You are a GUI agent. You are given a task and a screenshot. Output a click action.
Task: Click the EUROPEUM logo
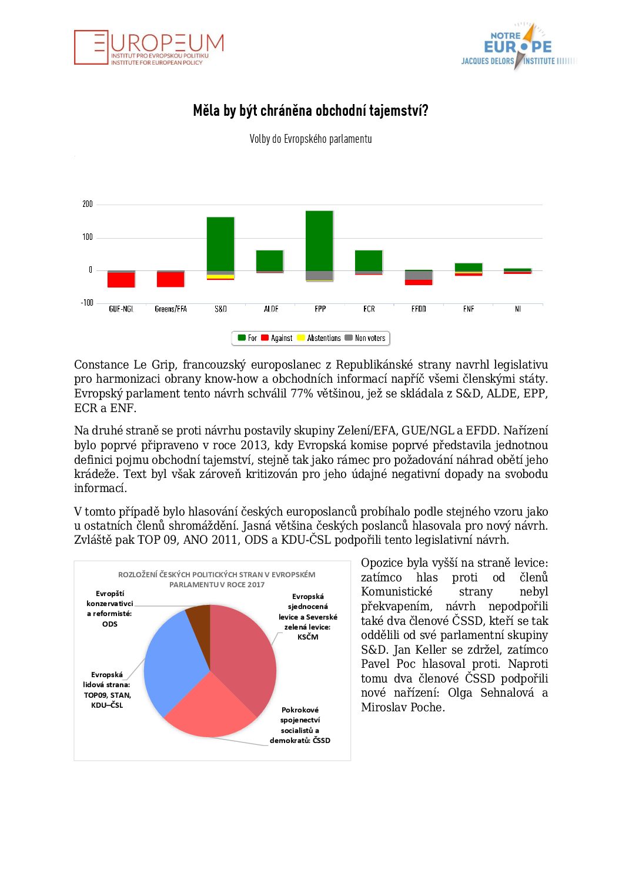(x=149, y=47)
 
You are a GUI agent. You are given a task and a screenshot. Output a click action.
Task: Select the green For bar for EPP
(x=320, y=240)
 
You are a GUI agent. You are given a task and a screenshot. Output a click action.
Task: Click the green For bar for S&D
(x=220, y=244)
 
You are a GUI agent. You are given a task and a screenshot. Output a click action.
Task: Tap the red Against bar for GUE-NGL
(x=121, y=280)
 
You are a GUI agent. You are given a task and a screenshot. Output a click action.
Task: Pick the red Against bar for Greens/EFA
(x=170, y=279)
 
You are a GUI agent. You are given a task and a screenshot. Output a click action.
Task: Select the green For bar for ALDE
(x=270, y=260)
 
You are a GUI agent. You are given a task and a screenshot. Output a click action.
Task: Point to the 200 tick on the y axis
(x=88, y=204)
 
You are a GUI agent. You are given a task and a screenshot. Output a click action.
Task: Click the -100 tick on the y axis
(x=87, y=303)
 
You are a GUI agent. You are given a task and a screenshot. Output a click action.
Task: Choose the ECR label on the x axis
(x=369, y=309)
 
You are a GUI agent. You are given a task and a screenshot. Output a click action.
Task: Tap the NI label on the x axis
(x=518, y=309)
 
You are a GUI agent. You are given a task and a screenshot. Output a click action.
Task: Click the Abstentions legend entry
(x=319, y=338)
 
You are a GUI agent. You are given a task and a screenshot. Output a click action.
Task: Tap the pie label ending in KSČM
(x=307, y=617)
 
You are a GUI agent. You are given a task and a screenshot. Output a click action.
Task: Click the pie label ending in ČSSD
(x=300, y=725)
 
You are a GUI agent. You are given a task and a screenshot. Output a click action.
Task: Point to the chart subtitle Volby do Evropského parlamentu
(x=310, y=139)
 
